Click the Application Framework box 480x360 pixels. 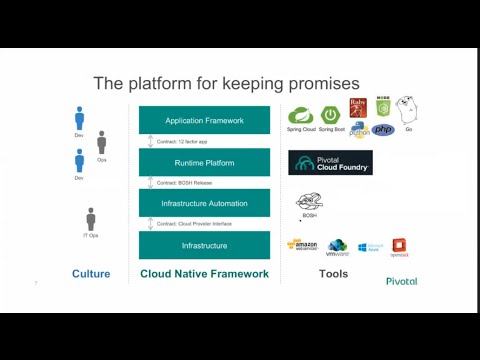coord(204,120)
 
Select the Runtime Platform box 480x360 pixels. coord(204,162)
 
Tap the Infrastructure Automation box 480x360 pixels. coord(204,203)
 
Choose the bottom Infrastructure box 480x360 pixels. coord(204,245)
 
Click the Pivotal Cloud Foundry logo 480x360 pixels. coord(330,163)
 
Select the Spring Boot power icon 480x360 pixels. coord(332,113)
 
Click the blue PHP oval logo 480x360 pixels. coord(383,130)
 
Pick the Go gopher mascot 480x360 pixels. coord(408,110)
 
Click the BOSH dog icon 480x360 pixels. coord(310,203)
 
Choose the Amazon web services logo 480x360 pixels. coord(303,245)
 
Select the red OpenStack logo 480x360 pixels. coord(400,246)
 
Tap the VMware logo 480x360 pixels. coord(338,246)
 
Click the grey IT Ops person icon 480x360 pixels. coord(91,219)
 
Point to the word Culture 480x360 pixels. coord(91,274)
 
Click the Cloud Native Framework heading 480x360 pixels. coord(204,274)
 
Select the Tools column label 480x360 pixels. coord(333,274)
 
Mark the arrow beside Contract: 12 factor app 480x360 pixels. coord(150,142)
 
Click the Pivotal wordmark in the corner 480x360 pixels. coord(402,281)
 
